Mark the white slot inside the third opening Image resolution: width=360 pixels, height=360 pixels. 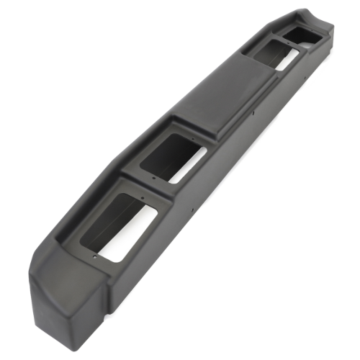coord(284,60)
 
